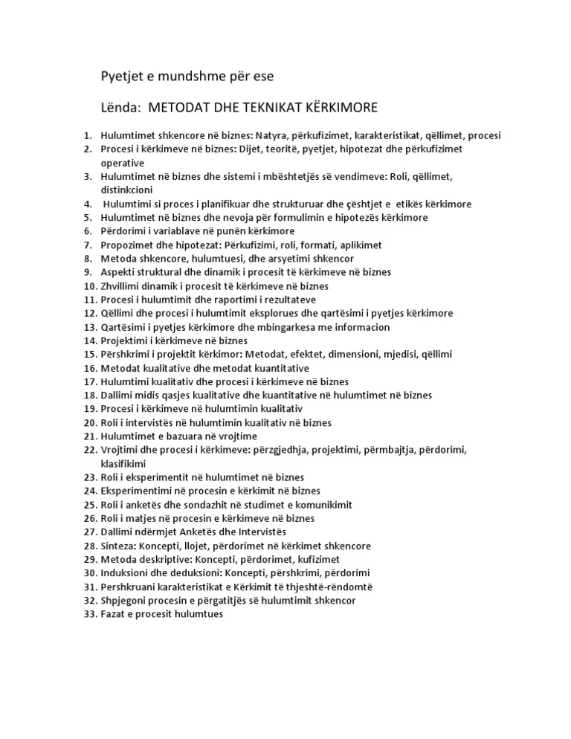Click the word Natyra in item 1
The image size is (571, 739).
tap(272, 135)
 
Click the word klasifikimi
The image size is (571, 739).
tap(126, 463)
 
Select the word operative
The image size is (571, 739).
tap(123, 163)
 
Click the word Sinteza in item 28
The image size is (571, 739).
tap(119, 546)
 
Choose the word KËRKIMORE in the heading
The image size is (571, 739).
tap(338, 108)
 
